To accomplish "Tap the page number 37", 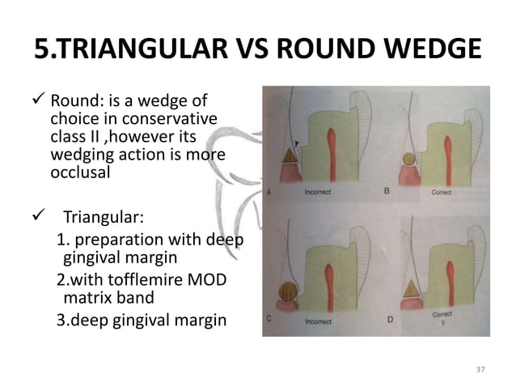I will (480, 369).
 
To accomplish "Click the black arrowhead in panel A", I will (298, 144).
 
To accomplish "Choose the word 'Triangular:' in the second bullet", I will (99, 217).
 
